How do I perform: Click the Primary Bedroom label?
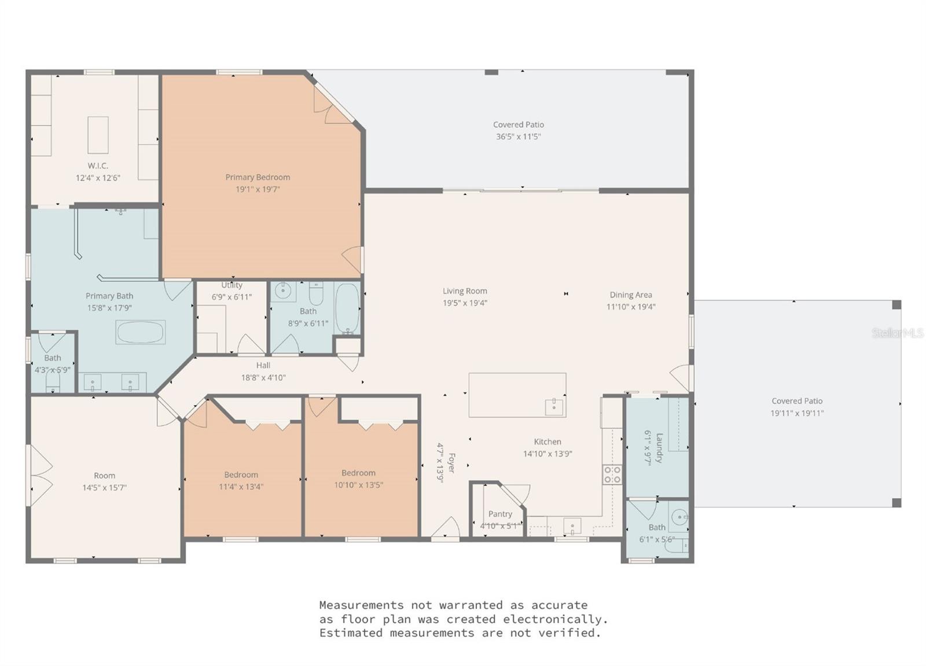point(258,177)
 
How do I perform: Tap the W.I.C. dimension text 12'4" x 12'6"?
point(98,178)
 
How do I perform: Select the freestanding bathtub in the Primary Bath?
point(140,332)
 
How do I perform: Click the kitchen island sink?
point(554,406)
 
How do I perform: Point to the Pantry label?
point(500,514)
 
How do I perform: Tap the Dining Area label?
point(630,295)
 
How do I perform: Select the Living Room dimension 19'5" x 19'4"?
point(465,303)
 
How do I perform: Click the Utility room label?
point(231,285)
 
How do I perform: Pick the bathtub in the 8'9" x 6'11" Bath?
point(347,309)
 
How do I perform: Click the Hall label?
point(263,365)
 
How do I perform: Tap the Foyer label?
point(451,463)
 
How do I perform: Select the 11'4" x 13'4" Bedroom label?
point(241,474)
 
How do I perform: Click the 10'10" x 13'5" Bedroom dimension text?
point(358,485)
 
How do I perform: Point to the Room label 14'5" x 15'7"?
point(105,476)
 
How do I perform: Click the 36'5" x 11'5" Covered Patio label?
point(518,124)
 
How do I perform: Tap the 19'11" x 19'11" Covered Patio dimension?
point(796,413)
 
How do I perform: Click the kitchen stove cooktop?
point(612,474)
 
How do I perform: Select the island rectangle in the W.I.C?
point(98,135)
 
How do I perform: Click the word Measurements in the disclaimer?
point(362,605)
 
